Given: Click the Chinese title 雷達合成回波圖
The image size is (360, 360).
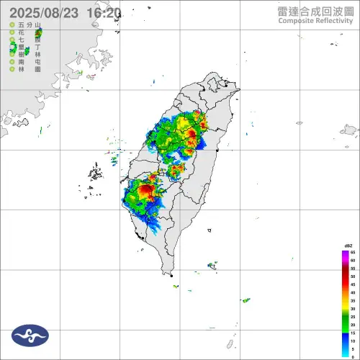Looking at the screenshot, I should (x=315, y=10).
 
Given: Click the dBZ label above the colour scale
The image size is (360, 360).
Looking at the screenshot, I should (x=348, y=246).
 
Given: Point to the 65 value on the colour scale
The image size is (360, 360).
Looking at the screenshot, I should (x=352, y=253).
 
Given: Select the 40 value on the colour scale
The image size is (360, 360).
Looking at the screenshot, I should (x=352, y=293).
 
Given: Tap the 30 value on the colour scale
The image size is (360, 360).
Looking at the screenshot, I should (x=352, y=309).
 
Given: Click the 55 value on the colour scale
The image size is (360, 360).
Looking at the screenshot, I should (x=352, y=269).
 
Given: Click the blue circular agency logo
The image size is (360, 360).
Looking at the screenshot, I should (x=30, y=335).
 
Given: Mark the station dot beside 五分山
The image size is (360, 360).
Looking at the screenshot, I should (x=12, y=25).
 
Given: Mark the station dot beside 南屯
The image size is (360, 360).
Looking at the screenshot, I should (x=12, y=62).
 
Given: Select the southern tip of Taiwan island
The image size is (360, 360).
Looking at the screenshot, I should (x=172, y=274).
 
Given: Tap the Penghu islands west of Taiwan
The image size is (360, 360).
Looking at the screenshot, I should (x=95, y=173).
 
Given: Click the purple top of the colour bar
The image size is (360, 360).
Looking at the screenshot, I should (x=344, y=253).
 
